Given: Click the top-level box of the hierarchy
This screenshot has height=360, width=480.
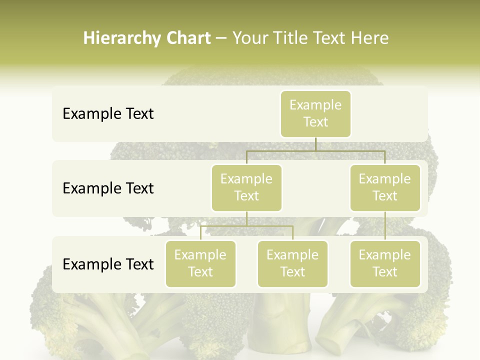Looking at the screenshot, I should (x=315, y=113).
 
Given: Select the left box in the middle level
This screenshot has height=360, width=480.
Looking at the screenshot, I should (x=246, y=187).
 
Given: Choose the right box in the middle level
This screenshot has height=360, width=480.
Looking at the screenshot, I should (x=385, y=187).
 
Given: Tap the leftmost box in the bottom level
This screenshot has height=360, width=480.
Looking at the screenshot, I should (x=200, y=263).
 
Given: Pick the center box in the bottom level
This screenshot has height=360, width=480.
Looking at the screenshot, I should (x=292, y=263).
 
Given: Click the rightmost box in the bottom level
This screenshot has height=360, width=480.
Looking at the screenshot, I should (x=385, y=263).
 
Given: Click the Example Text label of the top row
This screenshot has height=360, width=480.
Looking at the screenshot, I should (x=108, y=114).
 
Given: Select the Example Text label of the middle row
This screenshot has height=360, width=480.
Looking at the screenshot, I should (x=108, y=188).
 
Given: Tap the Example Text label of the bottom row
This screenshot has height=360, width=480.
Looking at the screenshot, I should (x=108, y=264).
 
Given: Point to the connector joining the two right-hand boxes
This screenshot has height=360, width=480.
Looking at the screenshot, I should (x=385, y=226).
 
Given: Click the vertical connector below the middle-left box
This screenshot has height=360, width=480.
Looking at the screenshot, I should (x=246, y=218).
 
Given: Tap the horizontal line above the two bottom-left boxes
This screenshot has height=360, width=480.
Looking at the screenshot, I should (x=246, y=226).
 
